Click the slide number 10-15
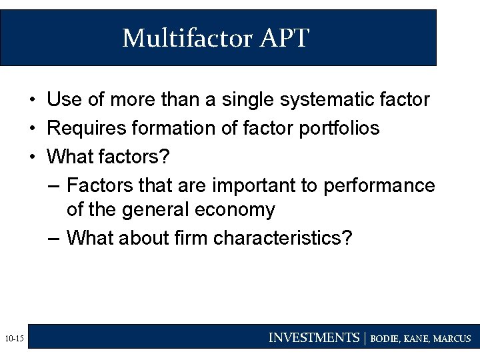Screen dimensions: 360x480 pyautogui.click(x=13, y=339)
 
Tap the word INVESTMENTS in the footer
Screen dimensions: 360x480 pyautogui.click(x=313, y=338)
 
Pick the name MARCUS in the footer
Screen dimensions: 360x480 pyautogui.click(x=452, y=339)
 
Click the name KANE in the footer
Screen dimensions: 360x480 pyautogui.click(x=419, y=339)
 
